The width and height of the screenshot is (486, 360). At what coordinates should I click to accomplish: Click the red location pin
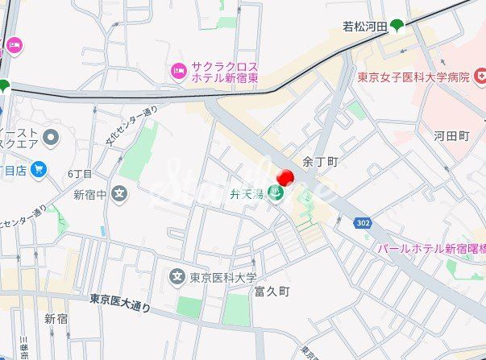point(285,178)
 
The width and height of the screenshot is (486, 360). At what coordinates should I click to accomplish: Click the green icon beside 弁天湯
point(276,193)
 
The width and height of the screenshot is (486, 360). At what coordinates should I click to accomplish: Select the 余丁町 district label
point(319,162)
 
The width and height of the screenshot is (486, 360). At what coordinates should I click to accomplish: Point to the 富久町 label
point(272,291)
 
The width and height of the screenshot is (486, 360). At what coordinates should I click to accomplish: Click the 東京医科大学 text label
point(228,277)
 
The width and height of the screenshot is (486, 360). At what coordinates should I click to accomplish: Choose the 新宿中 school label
point(89,194)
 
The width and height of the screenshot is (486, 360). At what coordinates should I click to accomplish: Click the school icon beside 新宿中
point(119,193)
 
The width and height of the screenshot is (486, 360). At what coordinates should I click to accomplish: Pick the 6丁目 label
point(80,174)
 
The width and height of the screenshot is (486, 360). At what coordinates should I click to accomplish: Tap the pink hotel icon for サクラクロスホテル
point(178,71)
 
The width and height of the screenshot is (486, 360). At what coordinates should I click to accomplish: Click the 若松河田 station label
point(365,27)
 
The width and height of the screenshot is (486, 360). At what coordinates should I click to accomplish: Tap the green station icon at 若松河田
point(397,26)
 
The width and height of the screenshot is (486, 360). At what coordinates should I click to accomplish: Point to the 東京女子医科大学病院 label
point(413,77)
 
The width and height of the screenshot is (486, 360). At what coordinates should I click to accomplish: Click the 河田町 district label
point(451,136)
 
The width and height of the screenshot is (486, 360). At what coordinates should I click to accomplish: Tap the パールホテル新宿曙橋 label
point(431,249)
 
